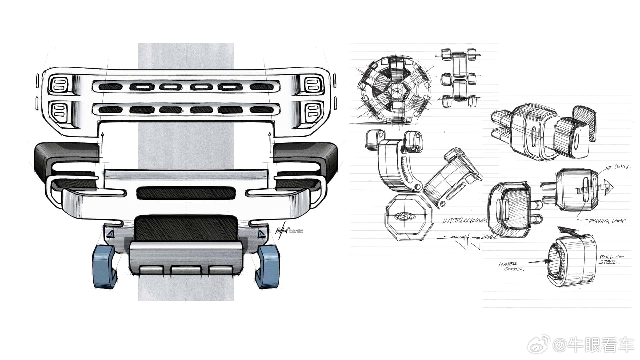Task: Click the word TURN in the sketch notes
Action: pos(622,167)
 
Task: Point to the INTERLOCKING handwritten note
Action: pos(464,221)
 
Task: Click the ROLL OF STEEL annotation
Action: pos(611,259)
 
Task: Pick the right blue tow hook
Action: pos(268,266)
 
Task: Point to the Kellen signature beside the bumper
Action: pos(281,231)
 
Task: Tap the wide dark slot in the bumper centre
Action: pos(185,193)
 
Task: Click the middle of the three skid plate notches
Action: pos(184,269)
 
